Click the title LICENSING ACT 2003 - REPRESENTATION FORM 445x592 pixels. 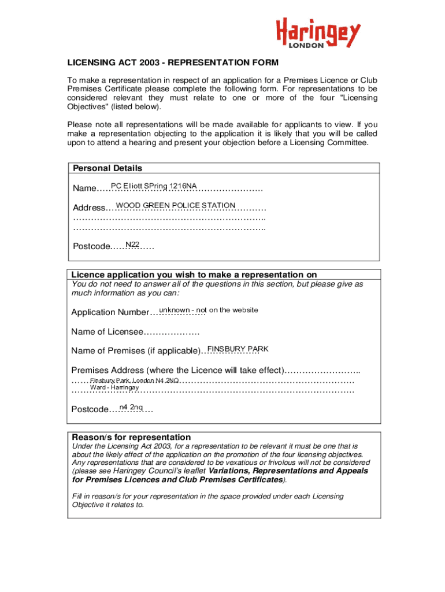point(173,62)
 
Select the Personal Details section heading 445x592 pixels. point(107,168)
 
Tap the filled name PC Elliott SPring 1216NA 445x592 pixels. point(154,186)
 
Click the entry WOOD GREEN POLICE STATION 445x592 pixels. point(176,205)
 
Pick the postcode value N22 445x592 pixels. point(132,244)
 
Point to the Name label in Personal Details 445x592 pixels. point(84,189)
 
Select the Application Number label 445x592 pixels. point(110,312)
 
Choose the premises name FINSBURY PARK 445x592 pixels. point(238,349)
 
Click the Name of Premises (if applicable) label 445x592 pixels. point(134,351)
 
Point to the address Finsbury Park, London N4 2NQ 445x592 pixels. point(134,381)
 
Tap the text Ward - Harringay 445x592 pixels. point(114,387)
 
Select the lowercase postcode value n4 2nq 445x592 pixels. point(131,406)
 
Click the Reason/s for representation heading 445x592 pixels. point(131,437)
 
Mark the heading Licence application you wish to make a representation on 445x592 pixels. point(194,275)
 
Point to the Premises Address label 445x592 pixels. point(177,370)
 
